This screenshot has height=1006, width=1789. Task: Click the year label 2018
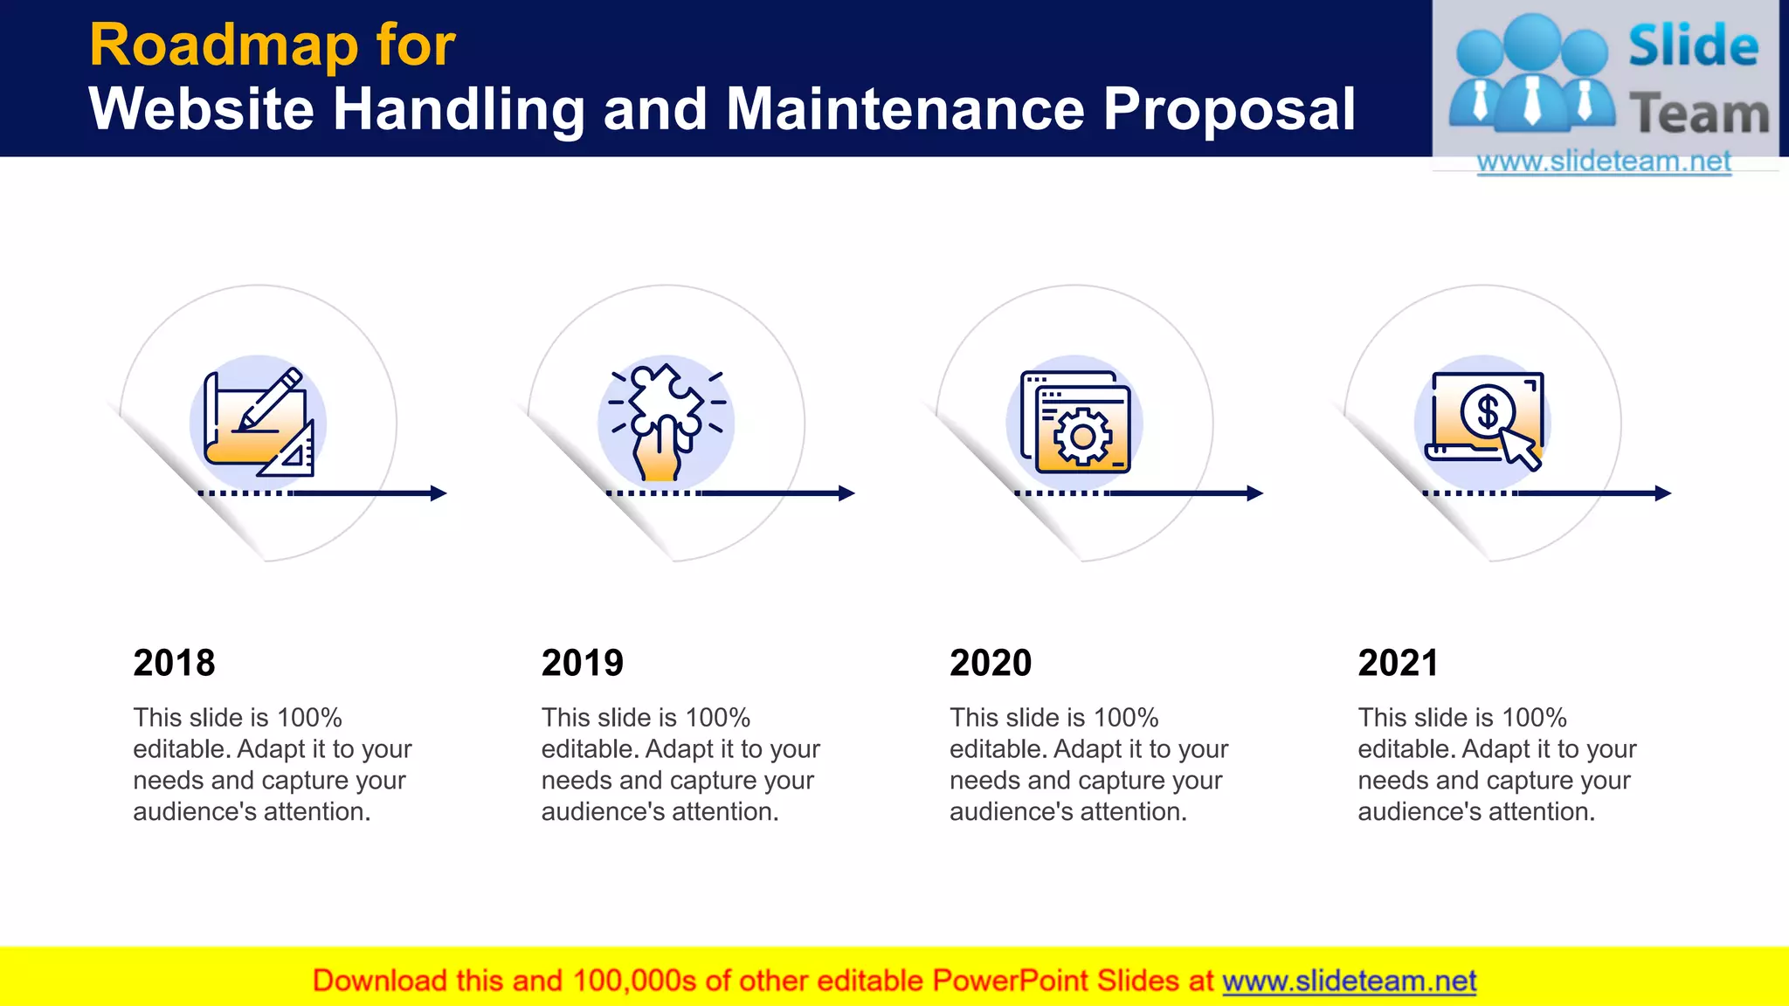click(x=174, y=663)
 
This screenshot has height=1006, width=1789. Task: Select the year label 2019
click(x=582, y=663)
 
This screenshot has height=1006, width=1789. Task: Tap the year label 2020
click(x=991, y=663)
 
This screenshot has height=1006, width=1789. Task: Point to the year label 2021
click(x=1398, y=663)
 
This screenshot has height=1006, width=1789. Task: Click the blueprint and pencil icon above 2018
click(x=258, y=423)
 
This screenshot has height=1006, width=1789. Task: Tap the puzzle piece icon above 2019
click(x=666, y=423)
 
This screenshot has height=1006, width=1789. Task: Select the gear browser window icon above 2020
click(x=1074, y=423)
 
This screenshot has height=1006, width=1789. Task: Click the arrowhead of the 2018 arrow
click(x=439, y=493)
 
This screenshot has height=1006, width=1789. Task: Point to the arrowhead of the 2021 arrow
click(x=1663, y=493)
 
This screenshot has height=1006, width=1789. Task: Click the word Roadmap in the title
click(x=224, y=45)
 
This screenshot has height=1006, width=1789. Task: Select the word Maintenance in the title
click(x=905, y=109)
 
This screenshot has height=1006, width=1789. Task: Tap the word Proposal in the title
click(x=1229, y=109)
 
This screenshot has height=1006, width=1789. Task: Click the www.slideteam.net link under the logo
click(x=1604, y=162)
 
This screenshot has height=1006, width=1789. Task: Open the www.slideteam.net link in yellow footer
click(x=1349, y=982)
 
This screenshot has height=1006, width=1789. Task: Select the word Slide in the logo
click(x=1693, y=46)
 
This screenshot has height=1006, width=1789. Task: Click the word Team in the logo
click(x=1699, y=114)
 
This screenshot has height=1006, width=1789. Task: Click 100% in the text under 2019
click(x=718, y=718)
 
